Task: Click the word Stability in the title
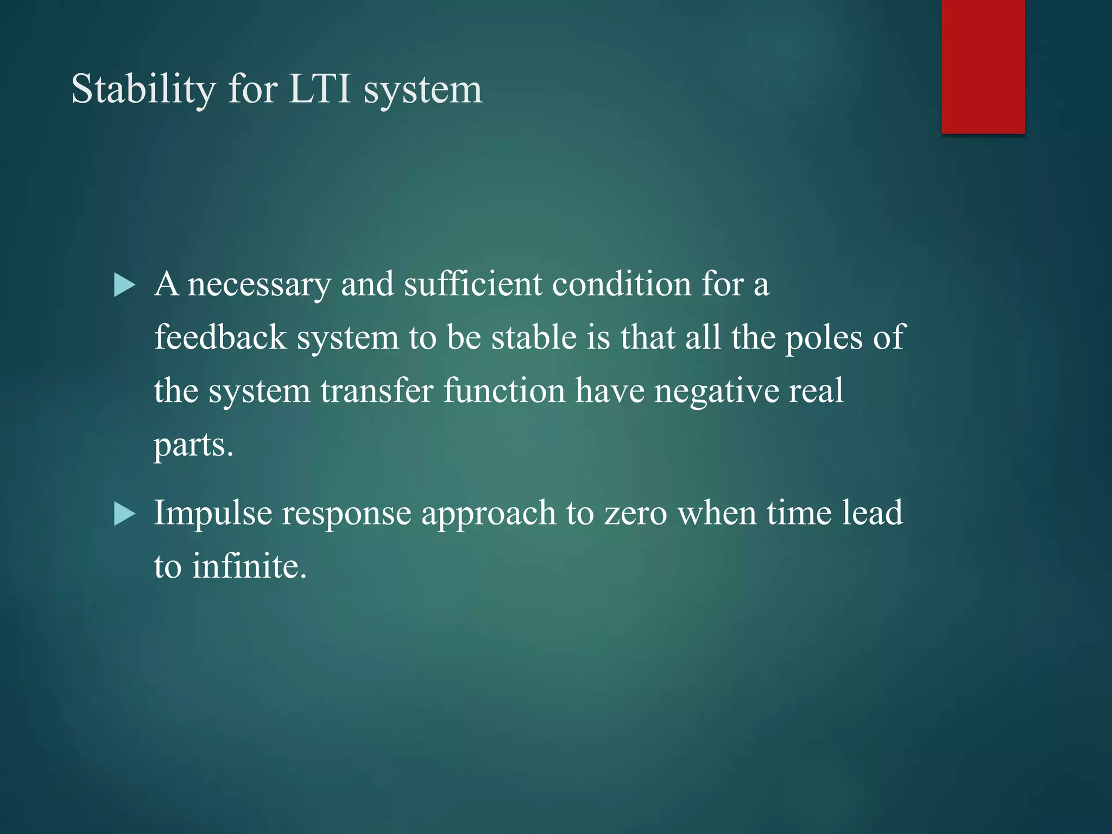[143, 90]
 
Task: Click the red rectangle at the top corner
[983, 66]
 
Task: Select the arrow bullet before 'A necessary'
[124, 286]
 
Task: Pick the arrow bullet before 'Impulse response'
[124, 514]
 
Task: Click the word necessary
[259, 285]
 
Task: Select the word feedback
[220, 337]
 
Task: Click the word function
[504, 391]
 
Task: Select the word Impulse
[212, 514]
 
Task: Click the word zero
[635, 514]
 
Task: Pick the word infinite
[249, 566]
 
